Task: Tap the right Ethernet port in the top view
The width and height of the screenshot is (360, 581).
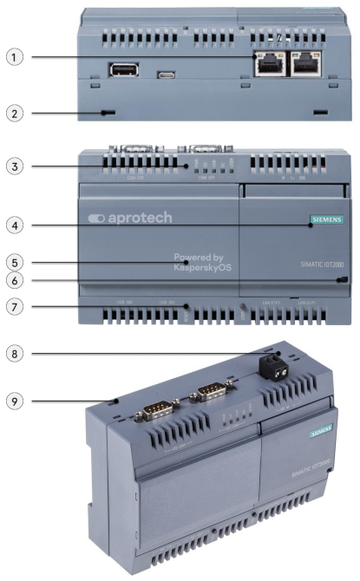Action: click(x=305, y=62)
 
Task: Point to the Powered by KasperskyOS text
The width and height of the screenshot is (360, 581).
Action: click(x=202, y=263)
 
